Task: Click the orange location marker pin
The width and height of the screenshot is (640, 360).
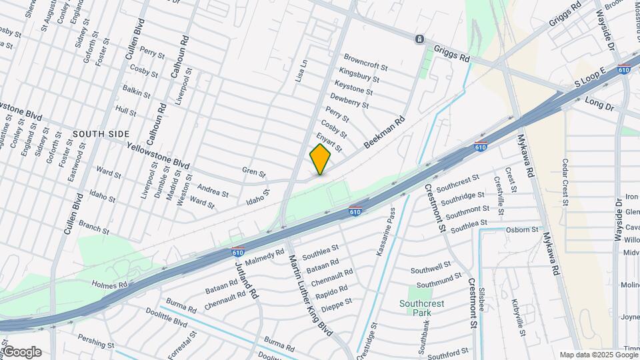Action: (x=320, y=159)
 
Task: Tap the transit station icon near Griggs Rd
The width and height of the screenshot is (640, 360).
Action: (x=419, y=39)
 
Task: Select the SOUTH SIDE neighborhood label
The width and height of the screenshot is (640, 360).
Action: (x=101, y=134)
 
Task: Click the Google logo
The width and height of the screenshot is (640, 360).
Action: (x=22, y=352)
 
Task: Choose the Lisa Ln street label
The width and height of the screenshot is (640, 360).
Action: (x=301, y=71)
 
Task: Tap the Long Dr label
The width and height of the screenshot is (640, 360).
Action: (x=598, y=103)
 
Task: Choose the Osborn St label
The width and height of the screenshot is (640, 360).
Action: (x=522, y=230)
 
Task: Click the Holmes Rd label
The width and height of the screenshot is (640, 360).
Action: (x=109, y=285)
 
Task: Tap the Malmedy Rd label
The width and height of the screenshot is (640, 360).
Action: (x=269, y=255)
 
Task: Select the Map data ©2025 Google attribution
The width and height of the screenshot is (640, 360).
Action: (x=598, y=355)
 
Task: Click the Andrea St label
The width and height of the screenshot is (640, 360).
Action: (x=213, y=191)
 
